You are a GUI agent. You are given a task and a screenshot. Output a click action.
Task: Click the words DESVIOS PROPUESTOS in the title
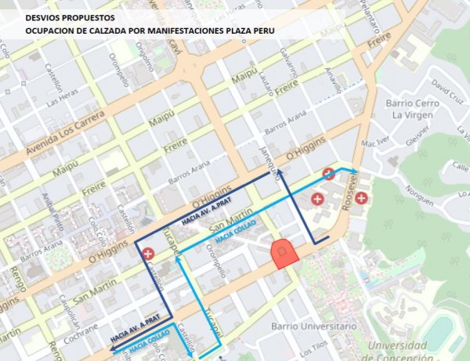point(70,16)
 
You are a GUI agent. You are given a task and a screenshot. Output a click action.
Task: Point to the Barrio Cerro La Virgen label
point(405,109)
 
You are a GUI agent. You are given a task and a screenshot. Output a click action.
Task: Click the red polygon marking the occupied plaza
point(283,252)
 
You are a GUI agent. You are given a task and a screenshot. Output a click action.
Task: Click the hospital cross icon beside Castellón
point(149,254)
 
